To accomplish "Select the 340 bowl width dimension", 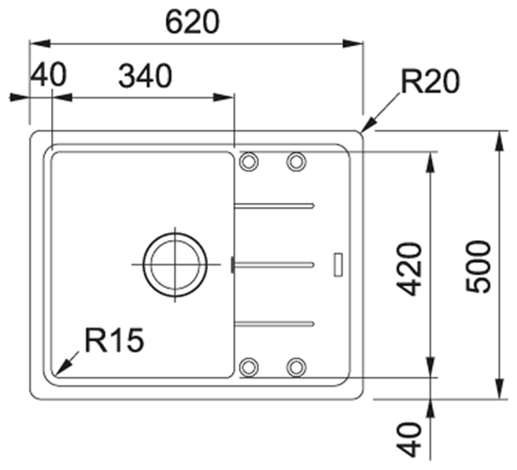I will pyautogui.click(x=145, y=76).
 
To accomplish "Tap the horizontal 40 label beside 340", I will pyautogui.click(x=48, y=76).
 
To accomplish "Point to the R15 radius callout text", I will pyautogui.click(x=114, y=340).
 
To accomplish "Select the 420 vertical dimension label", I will pyautogui.click(x=411, y=269).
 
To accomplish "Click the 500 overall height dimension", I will pyautogui.click(x=478, y=267).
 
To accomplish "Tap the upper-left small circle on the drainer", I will pyautogui.click(x=249, y=162).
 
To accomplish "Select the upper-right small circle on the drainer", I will pyautogui.click(x=296, y=162).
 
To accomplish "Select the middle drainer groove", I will pyautogui.click(x=274, y=263).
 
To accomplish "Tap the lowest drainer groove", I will pyautogui.click(x=274, y=323).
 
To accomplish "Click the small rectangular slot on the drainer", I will pyautogui.click(x=338, y=264).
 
